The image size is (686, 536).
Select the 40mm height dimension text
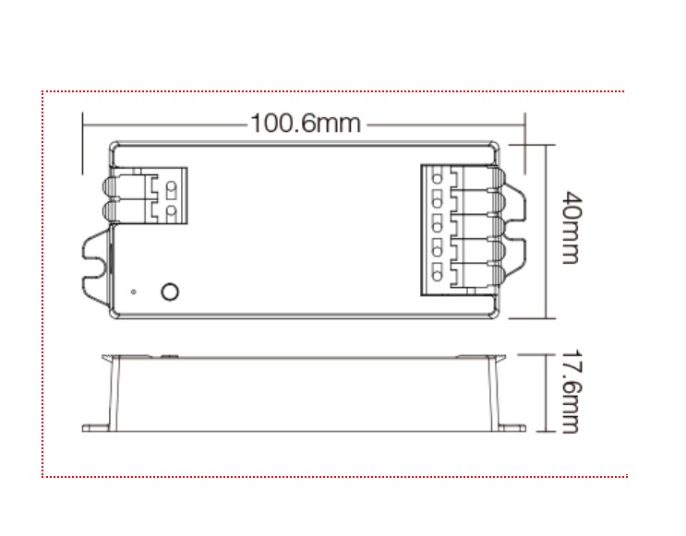point(570,228)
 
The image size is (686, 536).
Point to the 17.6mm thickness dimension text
point(570,392)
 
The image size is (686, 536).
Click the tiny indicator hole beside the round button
point(135,292)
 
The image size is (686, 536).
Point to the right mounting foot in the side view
point(513,427)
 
